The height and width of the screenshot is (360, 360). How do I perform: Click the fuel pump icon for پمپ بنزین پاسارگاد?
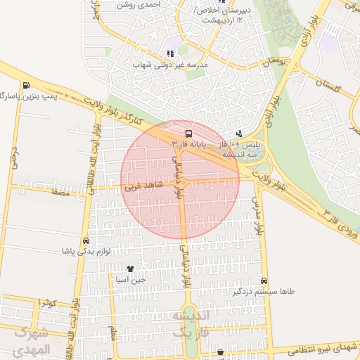pyautogui.click(x=27, y=86)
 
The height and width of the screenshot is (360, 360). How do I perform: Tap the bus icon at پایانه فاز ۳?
pyautogui.click(x=188, y=133)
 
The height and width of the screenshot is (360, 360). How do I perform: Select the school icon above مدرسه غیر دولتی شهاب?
pyautogui.click(x=169, y=53)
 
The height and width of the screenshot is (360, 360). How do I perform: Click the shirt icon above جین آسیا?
pyautogui.click(x=130, y=268)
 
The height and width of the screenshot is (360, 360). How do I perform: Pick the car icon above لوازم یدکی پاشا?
pyautogui.click(x=86, y=240)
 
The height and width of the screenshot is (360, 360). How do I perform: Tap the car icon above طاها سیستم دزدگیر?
pyautogui.click(x=264, y=280)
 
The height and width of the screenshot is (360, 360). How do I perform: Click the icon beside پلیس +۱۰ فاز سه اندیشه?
pyautogui.click(x=239, y=133)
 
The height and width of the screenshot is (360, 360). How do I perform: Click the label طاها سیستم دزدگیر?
pyautogui.click(x=264, y=291)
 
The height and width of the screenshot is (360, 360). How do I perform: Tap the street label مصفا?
pyautogui.click(x=60, y=191)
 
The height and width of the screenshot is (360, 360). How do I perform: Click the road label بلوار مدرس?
pyautogui.click(x=258, y=216)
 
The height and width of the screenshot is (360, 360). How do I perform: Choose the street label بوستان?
pyautogui.click(x=275, y=62)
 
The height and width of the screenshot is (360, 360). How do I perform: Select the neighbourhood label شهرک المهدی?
pyautogui.click(x=32, y=341)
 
